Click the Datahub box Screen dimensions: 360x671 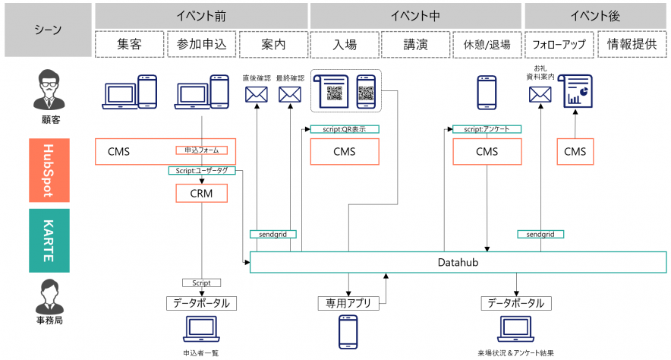tap(458, 263)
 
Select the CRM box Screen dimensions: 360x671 tap(201, 194)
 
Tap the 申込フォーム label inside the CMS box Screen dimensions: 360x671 tap(201, 150)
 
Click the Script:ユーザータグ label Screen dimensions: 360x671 tap(202, 171)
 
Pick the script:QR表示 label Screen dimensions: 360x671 tap(344, 129)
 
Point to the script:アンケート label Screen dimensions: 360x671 tap(487, 129)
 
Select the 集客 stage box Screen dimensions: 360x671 tap(129, 45)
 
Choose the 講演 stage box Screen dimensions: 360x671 tap(416, 45)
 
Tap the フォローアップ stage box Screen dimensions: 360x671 tap(559, 45)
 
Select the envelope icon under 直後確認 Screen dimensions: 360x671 tap(257, 95)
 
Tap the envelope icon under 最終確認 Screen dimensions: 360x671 tap(290, 95)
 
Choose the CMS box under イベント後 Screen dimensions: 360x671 tap(575, 151)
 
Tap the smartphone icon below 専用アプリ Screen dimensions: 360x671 tap(348, 331)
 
